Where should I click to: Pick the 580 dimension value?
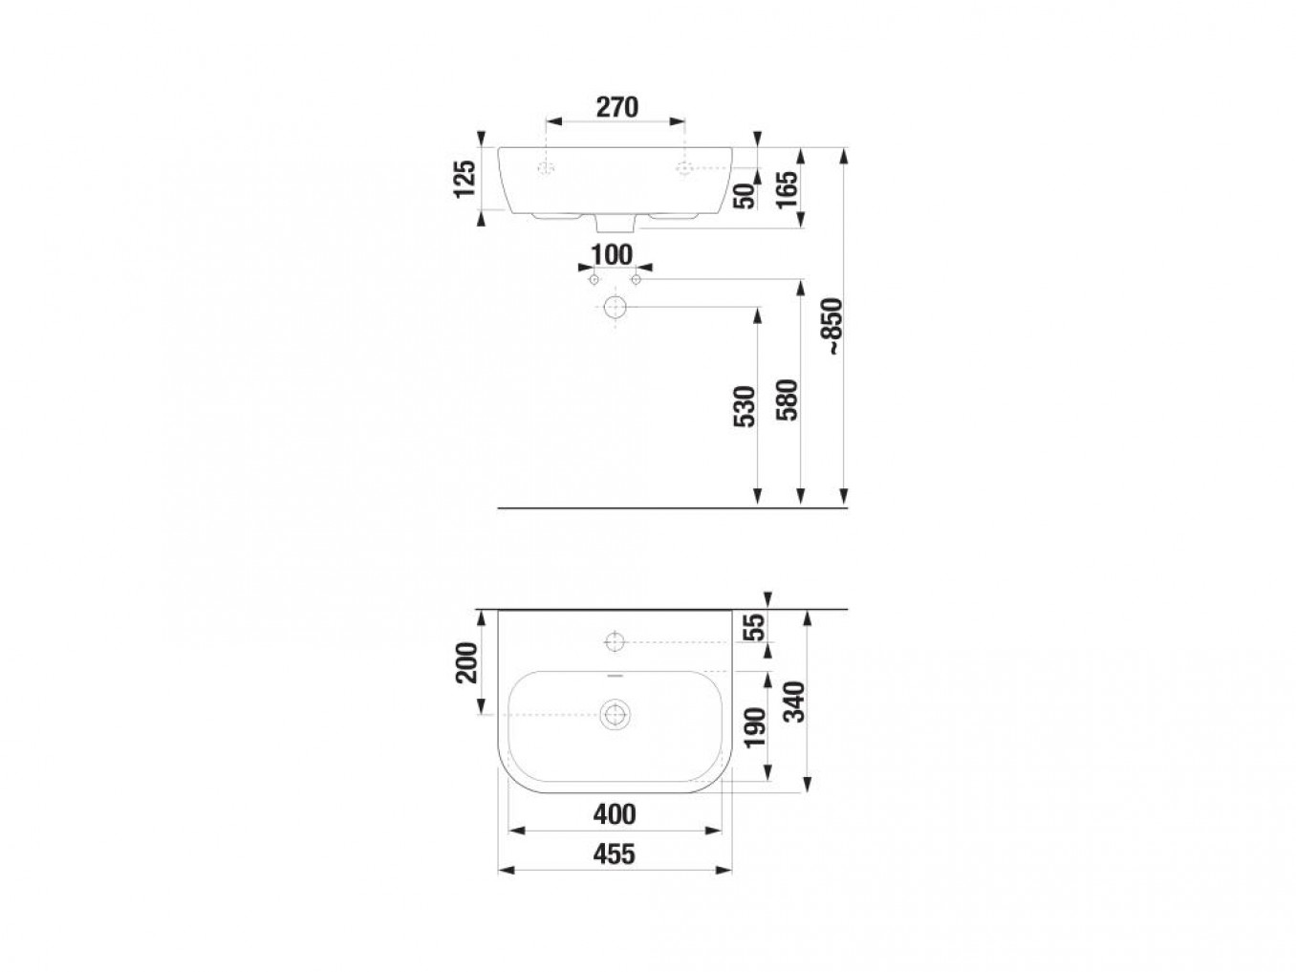click(x=787, y=400)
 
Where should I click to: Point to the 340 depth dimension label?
click(x=794, y=701)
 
